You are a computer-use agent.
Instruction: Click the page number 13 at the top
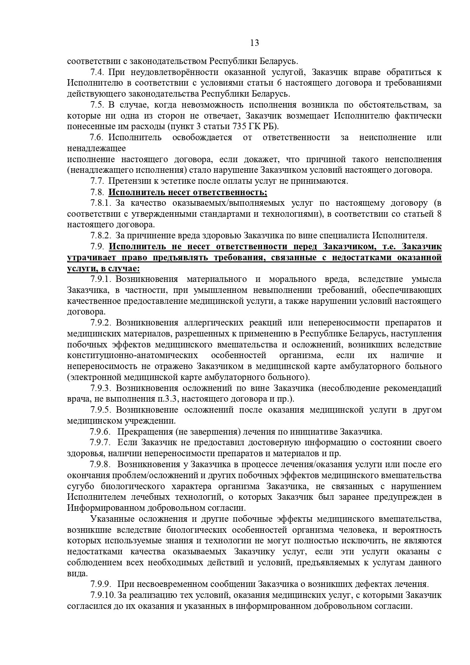point(254,43)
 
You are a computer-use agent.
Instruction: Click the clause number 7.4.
point(97,72)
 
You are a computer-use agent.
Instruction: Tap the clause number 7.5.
point(97,105)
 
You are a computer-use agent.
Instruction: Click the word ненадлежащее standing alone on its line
point(96,148)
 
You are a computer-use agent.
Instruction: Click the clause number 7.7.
point(97,181)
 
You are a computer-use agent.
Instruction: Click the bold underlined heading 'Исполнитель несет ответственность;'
point(188,192)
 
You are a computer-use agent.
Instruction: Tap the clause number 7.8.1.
point(100,203)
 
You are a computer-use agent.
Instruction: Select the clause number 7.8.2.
point(100,236)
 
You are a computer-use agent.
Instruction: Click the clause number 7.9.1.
point(100,279)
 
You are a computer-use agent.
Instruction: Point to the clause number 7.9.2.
point(100,323)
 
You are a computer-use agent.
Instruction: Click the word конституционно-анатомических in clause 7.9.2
point(132,355)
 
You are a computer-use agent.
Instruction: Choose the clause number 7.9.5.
point(100,410)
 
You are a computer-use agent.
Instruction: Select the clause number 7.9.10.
point(103,595)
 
